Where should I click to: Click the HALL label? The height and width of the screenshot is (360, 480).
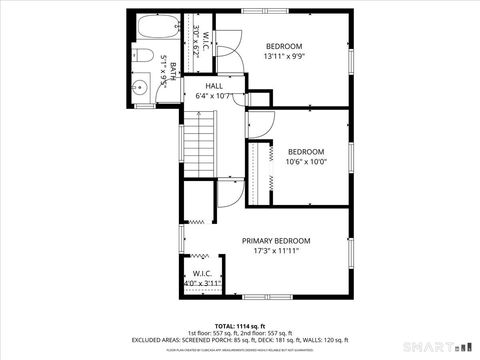coord(214,87)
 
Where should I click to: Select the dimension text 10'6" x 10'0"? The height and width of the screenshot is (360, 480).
coord(306,162)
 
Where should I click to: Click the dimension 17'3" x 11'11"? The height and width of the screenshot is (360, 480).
coord(276,251)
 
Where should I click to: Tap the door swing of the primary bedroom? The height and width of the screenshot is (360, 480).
coord(230,194)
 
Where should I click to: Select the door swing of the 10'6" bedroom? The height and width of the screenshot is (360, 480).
coord(260,125)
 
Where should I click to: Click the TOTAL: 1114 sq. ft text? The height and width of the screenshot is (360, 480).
coord(237,326)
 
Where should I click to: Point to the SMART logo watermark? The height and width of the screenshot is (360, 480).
coord(433,346)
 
